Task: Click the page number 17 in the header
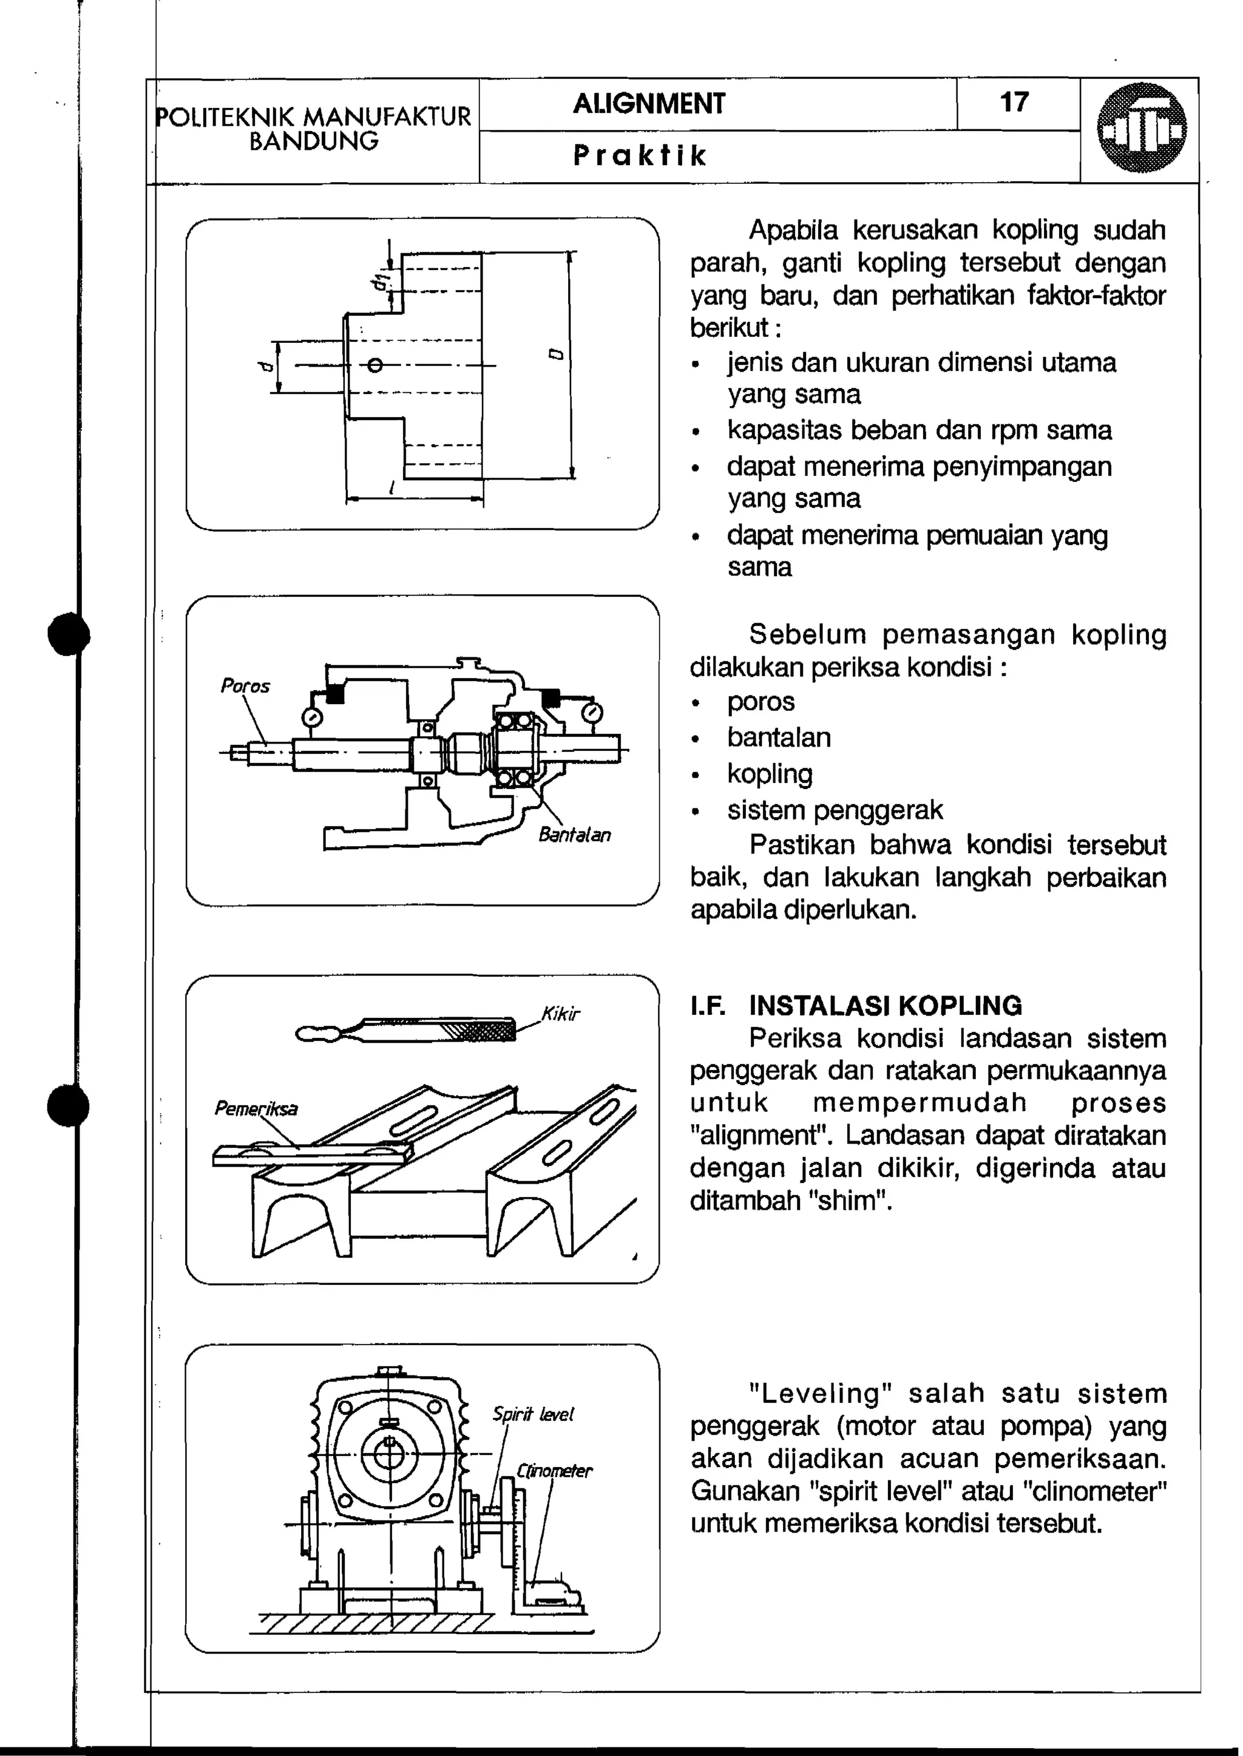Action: point(1014,102)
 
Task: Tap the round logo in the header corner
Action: point(1140,128)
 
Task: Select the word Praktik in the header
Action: point(640,156)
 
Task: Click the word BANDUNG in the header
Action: point(314,141)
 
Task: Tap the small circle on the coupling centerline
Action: point(374,366)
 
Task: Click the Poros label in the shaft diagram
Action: point(245,686)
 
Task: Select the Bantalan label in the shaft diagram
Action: point(574,835)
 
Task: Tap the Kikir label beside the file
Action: point(560,1014)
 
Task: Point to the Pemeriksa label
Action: point(256,1108)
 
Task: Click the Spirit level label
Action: point(533,1415)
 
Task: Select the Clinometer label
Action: point(554,1471)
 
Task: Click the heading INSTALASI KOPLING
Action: point(885,1005)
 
